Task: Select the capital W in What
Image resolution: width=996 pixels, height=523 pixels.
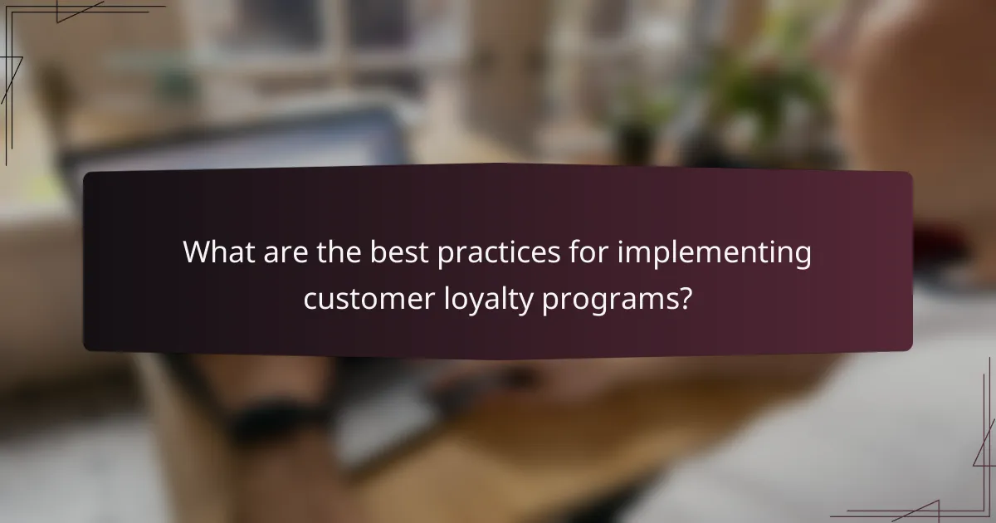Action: click(198, 252)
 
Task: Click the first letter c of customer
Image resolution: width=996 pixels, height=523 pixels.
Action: click(310, 299)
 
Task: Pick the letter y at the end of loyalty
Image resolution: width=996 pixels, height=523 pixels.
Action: click(526, 302)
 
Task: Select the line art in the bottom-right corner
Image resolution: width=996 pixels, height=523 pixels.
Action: click(954, 481)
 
